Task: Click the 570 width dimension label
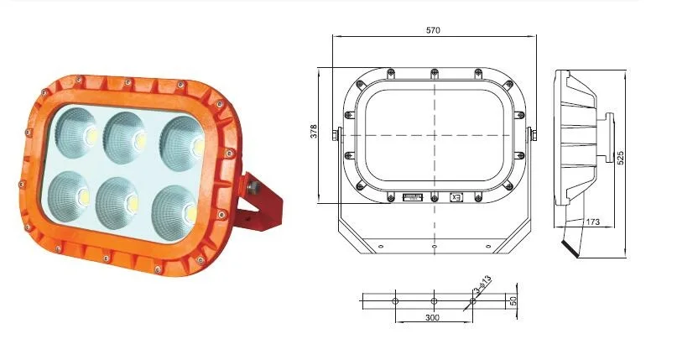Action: [x=433, y=30]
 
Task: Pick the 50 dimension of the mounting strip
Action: [x=513, y=300]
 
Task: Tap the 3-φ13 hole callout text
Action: [x=482, y=288]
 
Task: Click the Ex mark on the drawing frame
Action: [x=456, y=198]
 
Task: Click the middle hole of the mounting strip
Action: [x=434, y=300]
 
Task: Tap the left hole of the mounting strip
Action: [x=394, y=300]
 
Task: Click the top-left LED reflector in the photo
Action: [x=81, y=133]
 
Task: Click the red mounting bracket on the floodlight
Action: [x=267, y=206]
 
